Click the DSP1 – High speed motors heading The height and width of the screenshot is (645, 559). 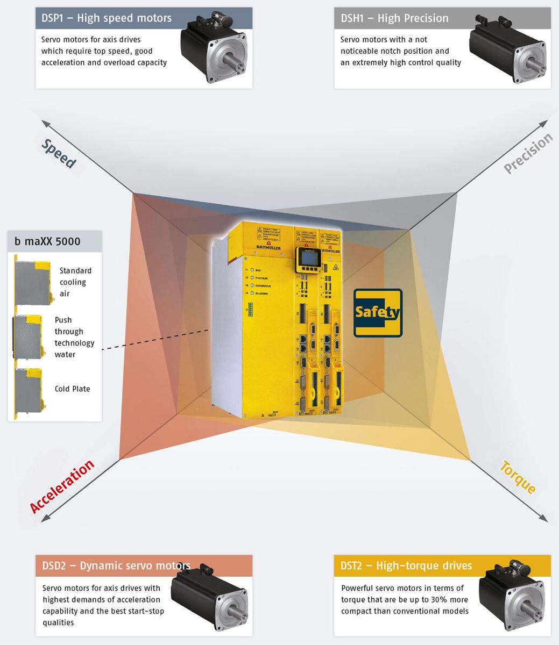pyautogui.click(x=107, y=18)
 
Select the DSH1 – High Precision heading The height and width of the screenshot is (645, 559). pyautogui.click(x=394, y=18)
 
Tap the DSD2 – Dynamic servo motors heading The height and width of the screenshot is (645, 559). pyautogui.click(x=116, y=565)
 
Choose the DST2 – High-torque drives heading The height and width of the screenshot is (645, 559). pyautogui.click(x=406, y=565)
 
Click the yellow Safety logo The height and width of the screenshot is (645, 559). pyautogui.click(x=378, y=313)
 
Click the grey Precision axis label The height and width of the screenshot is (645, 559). pyautogui.click(x=528, y=154)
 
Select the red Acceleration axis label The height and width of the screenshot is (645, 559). pyautogui.click(x=62, y=486)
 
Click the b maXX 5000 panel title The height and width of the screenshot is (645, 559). pyautogui.click(x=47, y=241)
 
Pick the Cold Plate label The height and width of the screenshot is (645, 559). pyautogui.click(x=72, y=389)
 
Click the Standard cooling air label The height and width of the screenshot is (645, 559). pyautogui.click(x=75, y=282)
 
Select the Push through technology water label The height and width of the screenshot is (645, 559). pyautogui.click(x=74, y=337)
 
